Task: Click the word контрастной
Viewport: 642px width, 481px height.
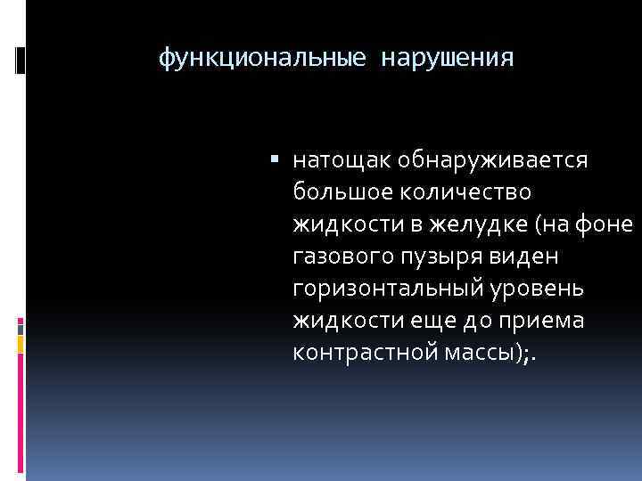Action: coord(354,352)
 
